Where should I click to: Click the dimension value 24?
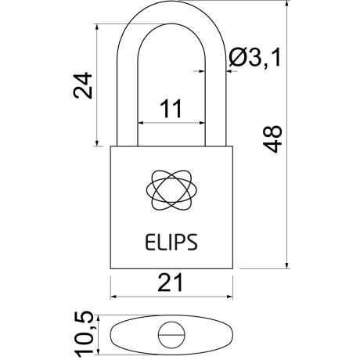[x=84, y=85]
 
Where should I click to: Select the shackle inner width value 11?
[x=171, y=110]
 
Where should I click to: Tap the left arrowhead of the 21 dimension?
[x=113, y=297]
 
